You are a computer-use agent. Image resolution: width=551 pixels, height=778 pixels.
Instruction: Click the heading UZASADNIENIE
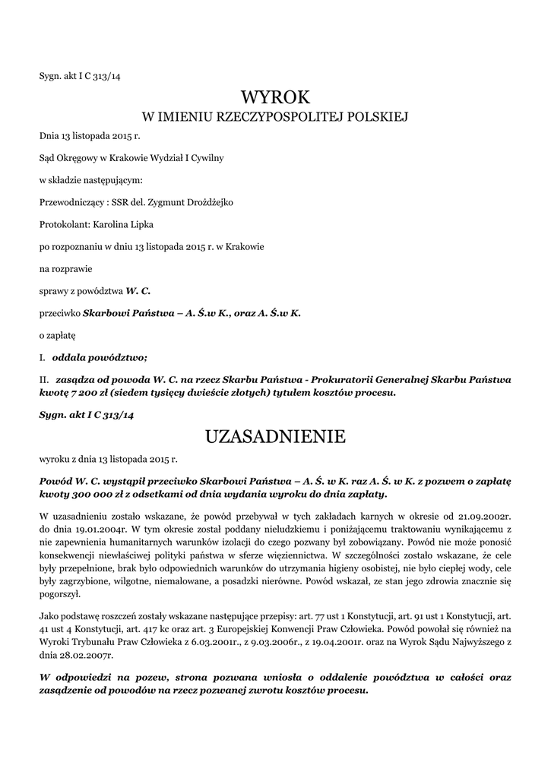[x=275, y=436]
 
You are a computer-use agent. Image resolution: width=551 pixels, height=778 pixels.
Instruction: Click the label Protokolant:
[x=64, y=225]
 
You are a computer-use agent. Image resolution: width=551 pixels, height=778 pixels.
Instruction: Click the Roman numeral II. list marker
[x=44, y=378]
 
